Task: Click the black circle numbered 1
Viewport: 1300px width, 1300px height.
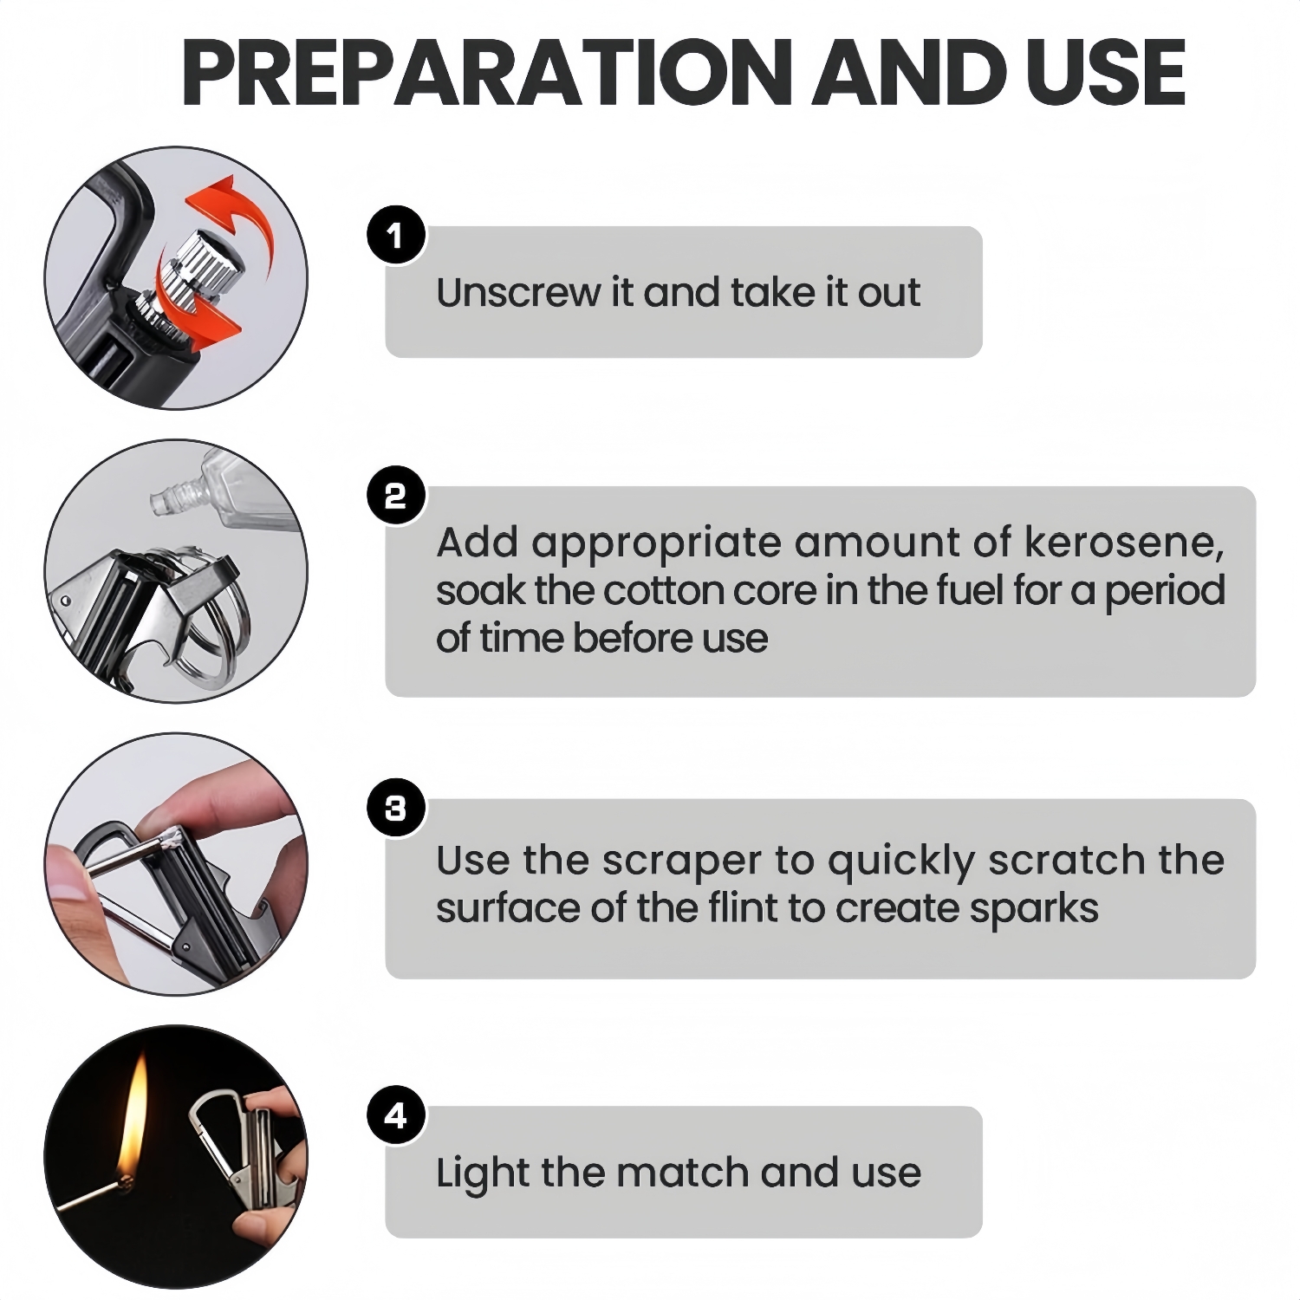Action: tap(395, 235)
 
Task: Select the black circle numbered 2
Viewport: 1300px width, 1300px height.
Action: tap(395, 497)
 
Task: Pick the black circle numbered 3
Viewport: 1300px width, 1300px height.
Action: tap(395, 809)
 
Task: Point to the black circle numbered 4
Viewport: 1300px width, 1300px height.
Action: tap(395, 1115)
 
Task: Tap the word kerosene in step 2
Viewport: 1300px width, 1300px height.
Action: tap(1124, 542)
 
